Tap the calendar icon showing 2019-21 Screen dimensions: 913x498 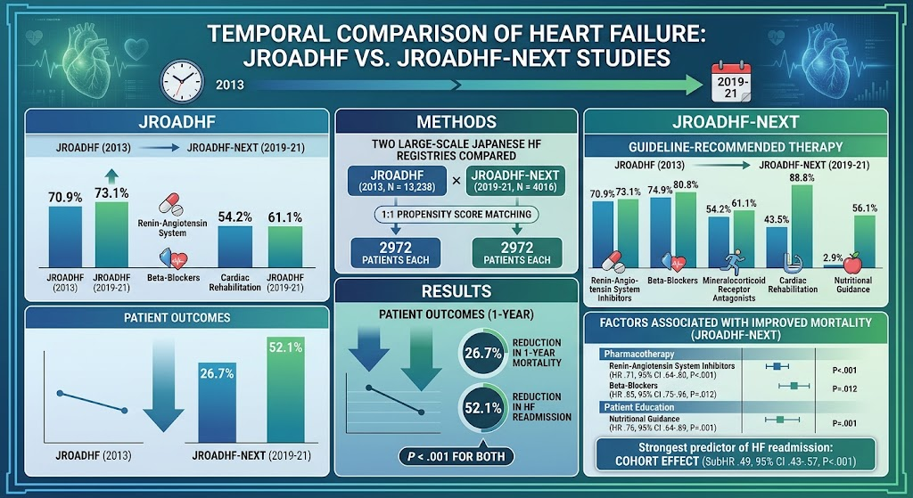(x=731, y=84)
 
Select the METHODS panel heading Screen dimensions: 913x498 (x=456, y=122)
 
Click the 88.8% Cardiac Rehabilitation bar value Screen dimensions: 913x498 (x=802, y=177)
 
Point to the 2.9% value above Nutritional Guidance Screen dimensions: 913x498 (x=833, y=257)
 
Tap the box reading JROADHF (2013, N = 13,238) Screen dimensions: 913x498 (x=397, y=181)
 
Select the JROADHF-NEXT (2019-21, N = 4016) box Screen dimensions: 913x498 (x=516, y=181)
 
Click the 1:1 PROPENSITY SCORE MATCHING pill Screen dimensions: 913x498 (x=456, y=215)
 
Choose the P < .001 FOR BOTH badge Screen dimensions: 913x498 (x=456, y=456)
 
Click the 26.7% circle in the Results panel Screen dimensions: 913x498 (x=482, y=353)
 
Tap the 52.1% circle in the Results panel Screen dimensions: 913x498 (x=482, y=408)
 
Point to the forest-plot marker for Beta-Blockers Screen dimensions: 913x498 (x=794, y=385)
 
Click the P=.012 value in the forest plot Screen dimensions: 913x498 (x=844, y=388)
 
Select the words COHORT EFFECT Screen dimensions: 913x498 (x=657, y=461)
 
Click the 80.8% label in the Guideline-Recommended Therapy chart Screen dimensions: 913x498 (x=685, y=185)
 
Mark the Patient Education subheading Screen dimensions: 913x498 (x=638, y=407)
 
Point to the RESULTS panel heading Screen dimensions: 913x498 (x=456, y=291)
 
